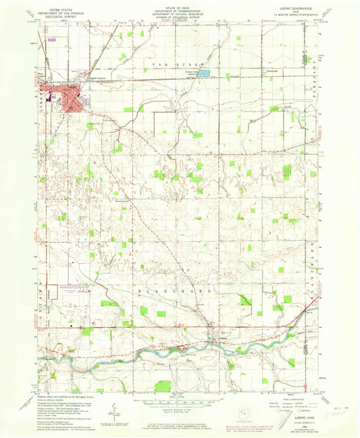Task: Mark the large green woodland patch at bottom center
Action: tap(163, 386)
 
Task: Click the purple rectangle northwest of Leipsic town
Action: tap(52, 40)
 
